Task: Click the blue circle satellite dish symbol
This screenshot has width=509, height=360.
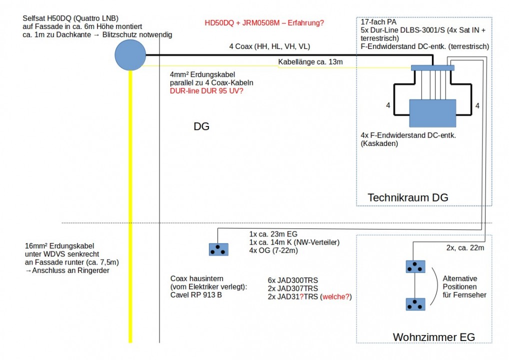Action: tap(130, 55)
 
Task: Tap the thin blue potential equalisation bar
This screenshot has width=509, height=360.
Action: tap(432, 68)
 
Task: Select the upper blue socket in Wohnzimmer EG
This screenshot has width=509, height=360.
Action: tap(415, 266)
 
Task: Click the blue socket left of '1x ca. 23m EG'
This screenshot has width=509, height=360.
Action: tap(218, 249)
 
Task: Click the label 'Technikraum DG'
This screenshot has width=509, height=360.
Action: tap(407, 198)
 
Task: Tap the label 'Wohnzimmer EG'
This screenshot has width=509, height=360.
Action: tap(433, 337)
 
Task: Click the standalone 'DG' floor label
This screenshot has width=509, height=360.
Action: tap(201, 127)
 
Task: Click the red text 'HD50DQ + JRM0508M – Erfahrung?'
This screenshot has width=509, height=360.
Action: tap(264, 23)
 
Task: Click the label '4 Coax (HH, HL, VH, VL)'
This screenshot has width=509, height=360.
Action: tap(269, 47)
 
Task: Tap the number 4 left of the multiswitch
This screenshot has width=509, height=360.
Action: tap(388, 106)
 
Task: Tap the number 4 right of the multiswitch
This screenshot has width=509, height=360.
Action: tap(477, 106)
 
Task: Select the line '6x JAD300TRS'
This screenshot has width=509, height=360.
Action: tap(293, 280)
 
